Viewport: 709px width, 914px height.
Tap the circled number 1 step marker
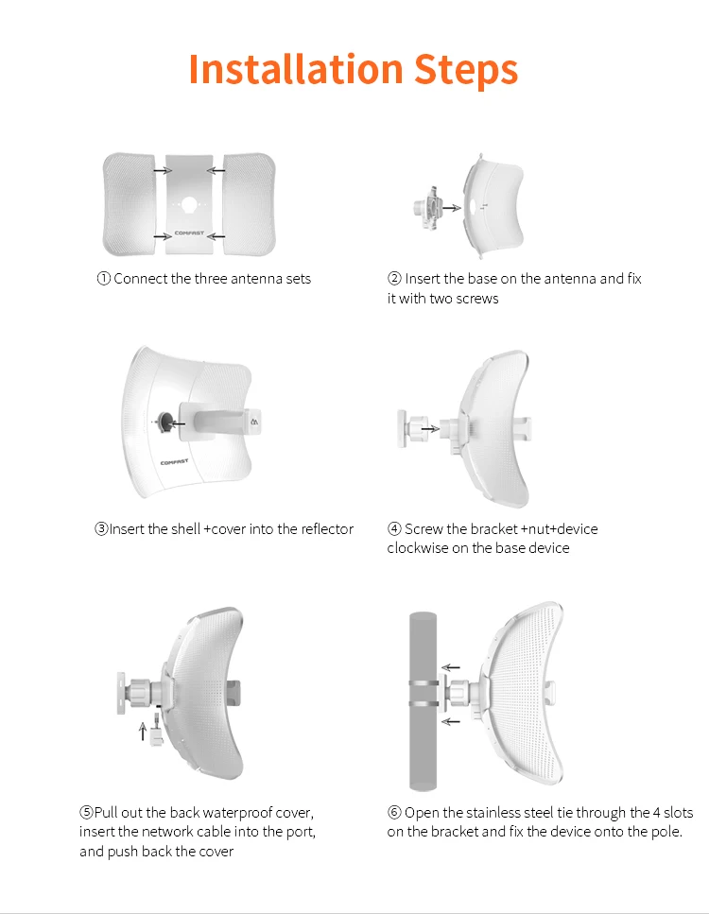click(x=104, y=279)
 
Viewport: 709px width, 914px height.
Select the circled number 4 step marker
click(x=394, y=529)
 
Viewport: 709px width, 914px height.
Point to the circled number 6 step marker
click(x=394, y=813)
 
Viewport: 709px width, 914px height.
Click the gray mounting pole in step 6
click(x=424, y=699)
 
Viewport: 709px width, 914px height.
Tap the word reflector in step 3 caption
click(x=324, y=529)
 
